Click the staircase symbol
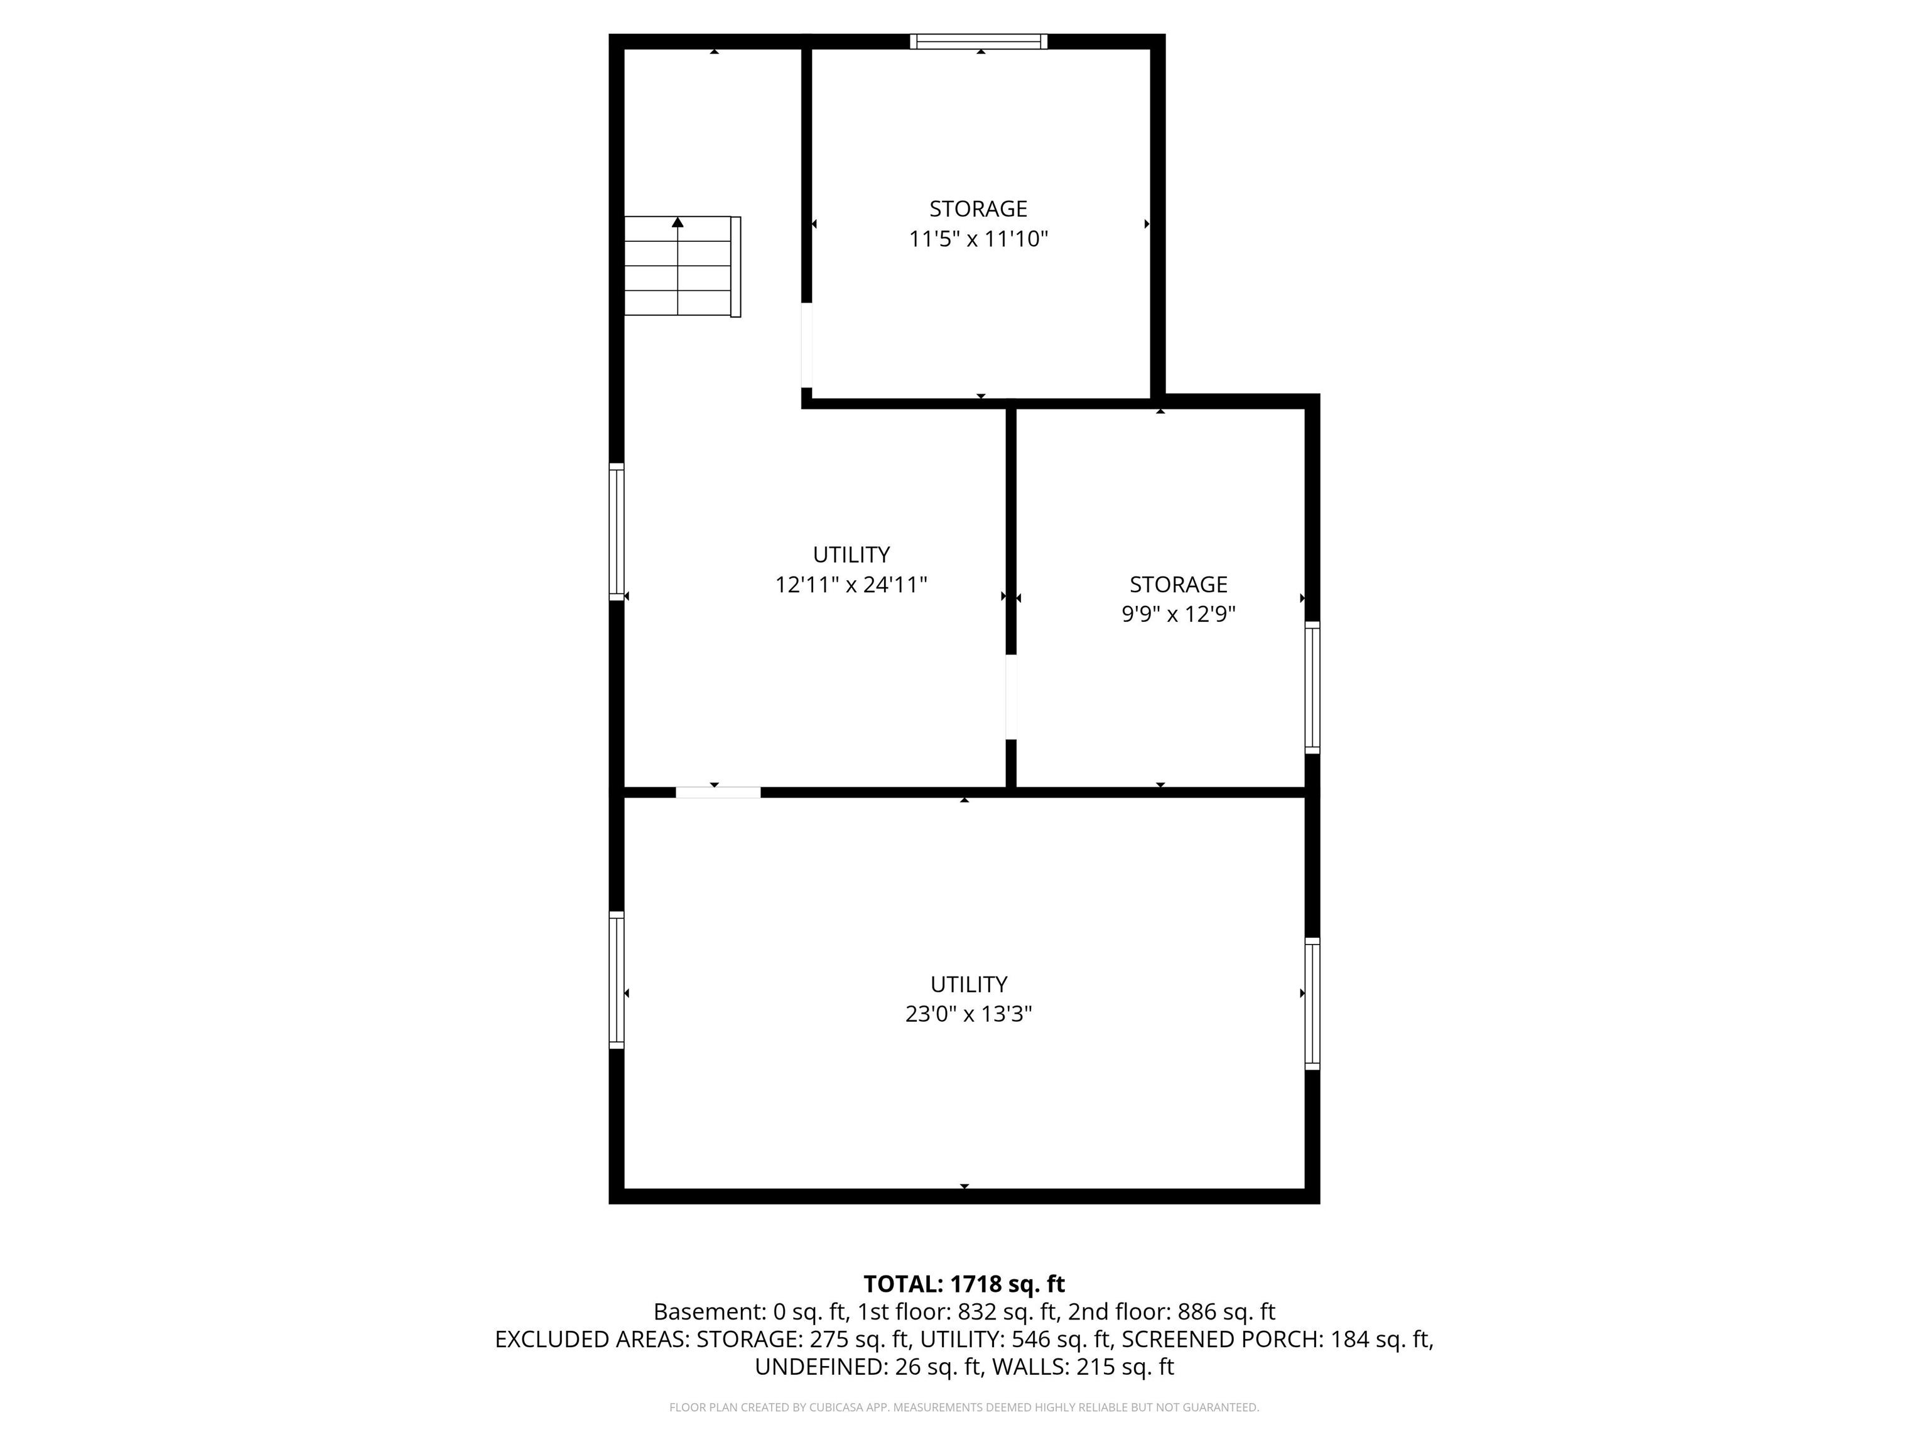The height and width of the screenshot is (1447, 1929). pos(683,266)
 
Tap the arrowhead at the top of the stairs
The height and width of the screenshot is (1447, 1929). pos(678,222)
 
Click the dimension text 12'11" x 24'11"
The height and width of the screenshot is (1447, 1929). pos(851,584)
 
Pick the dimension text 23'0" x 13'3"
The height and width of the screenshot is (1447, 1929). pos(969,1014)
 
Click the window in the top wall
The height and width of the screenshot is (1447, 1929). pos(978,41)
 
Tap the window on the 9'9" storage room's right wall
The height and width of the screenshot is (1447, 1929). pos(1312,687)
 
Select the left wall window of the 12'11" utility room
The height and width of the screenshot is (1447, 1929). pos(617,532)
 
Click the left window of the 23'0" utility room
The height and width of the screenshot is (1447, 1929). pos(617,980)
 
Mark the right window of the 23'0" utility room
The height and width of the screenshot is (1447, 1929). pos(1312,1004)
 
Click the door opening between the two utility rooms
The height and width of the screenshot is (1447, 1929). pos(718,792)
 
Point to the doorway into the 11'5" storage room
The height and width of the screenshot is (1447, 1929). pos(807,345)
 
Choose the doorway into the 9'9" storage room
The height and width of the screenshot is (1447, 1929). pos(1012,697)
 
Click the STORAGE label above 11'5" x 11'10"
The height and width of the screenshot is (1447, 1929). pos(978,209)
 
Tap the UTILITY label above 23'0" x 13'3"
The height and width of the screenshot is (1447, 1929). pos(969,984)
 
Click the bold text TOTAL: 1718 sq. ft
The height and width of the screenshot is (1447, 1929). pos(964,1284)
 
